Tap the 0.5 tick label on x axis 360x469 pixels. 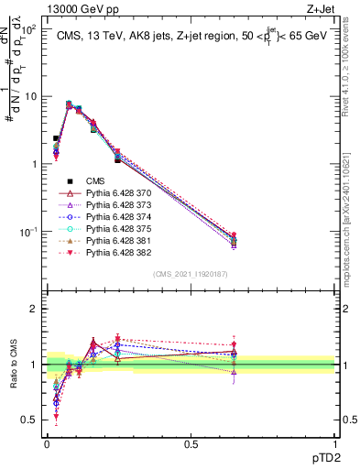(191, 444)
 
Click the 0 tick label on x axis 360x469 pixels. (46, 444)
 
